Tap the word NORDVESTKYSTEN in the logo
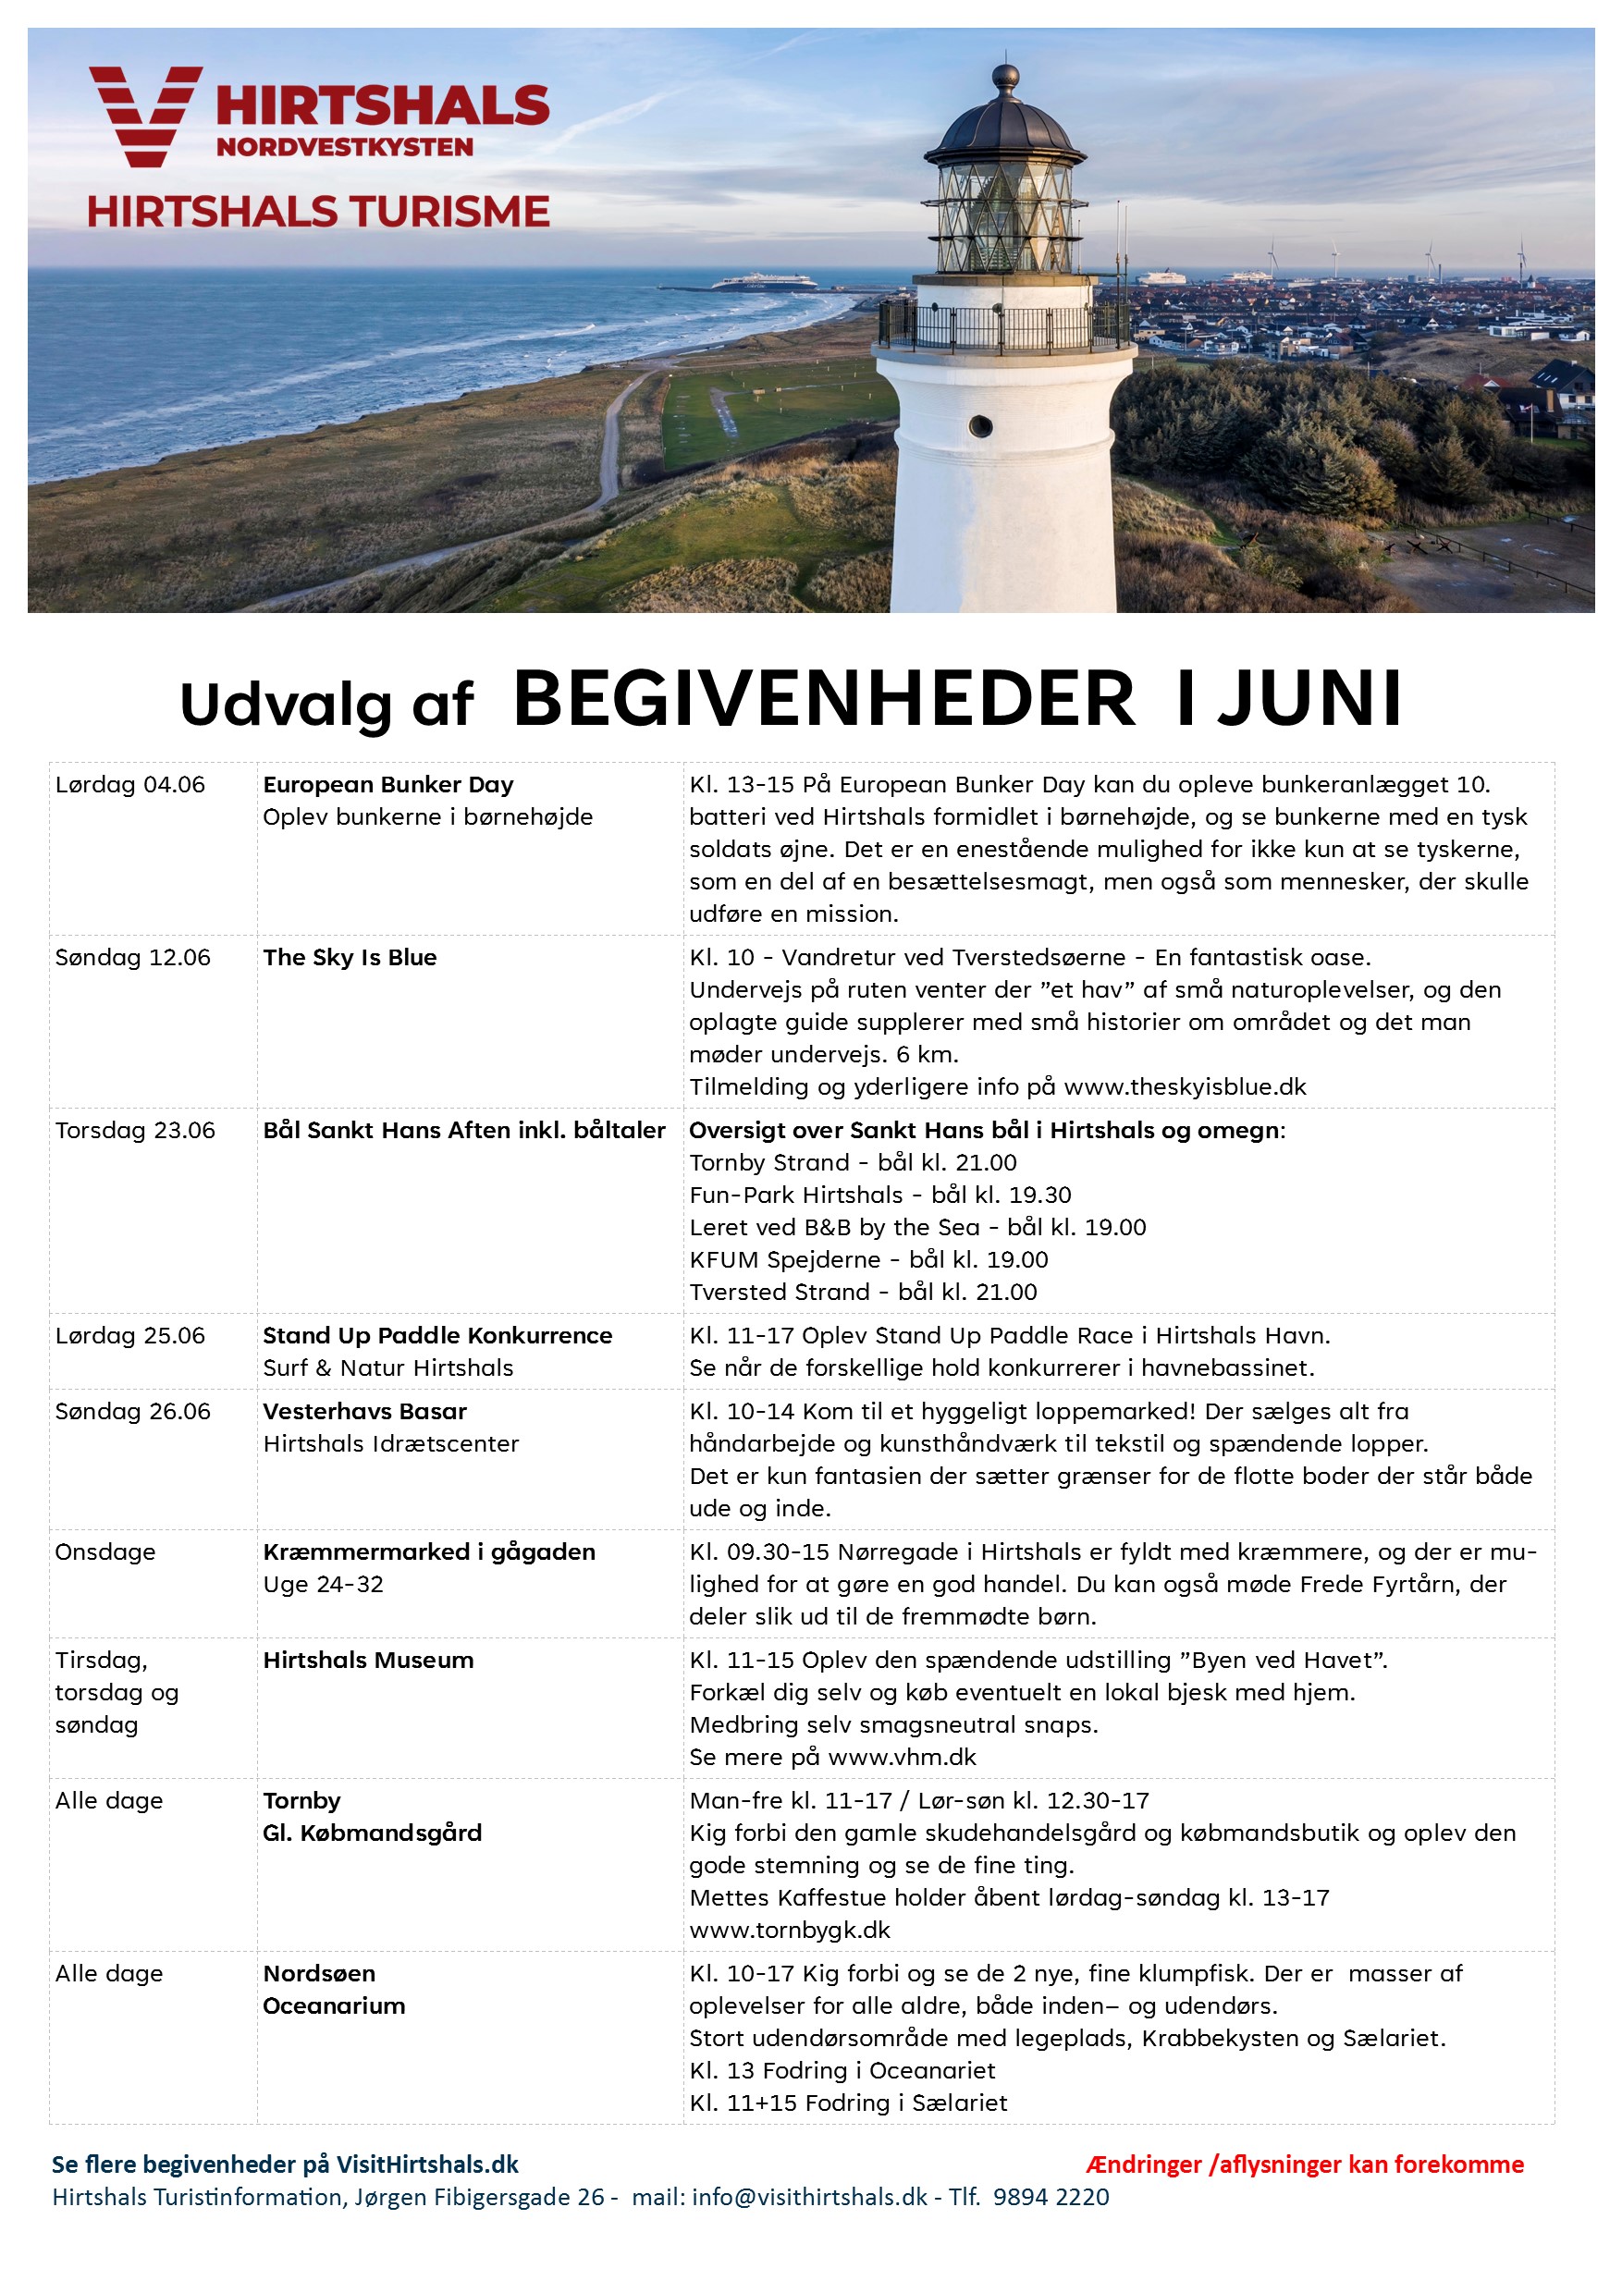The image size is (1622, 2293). coord(345,148)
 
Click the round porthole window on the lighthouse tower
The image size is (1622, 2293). coord(981,425)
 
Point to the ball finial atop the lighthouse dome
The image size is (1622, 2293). coord(1005,77)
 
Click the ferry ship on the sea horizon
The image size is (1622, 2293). coord(763,282)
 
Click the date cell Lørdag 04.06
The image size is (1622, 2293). coord(129,785)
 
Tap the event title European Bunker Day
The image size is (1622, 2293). coord(387,785)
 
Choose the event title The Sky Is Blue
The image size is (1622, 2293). coord(350,958)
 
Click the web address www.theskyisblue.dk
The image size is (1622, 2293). coord(1185,1086)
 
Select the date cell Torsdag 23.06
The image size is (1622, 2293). coord(135,1131)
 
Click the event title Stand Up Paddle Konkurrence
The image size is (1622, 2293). coord(436,1336)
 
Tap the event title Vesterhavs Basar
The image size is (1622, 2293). coord(364,1412)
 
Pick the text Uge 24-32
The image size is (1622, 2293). coord(323,1585)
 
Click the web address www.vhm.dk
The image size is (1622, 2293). coord(902,1758)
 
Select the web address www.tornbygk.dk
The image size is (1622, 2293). coord(789,1931)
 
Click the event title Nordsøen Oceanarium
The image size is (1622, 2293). coord(334,1991)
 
